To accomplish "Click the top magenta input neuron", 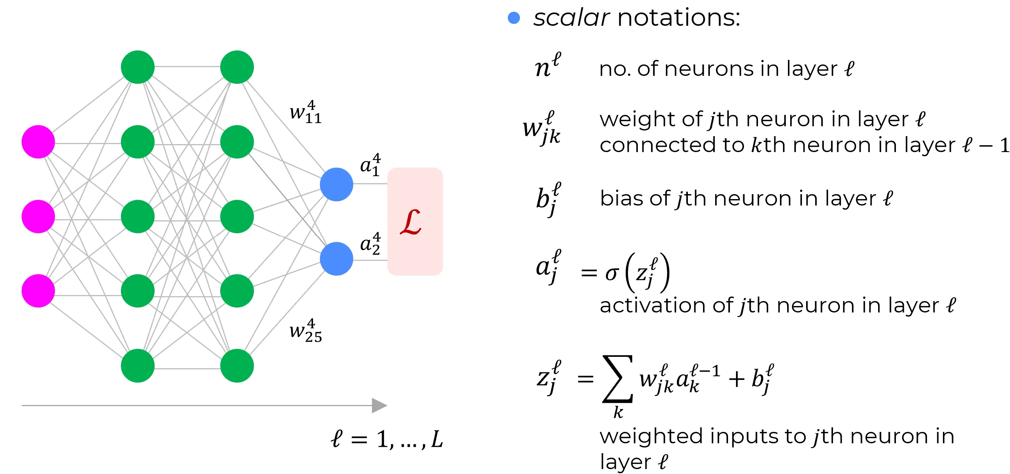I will (x=38, y=142).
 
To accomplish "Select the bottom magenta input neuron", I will (x=38, y=291).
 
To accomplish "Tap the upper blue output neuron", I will (x=337, y=184).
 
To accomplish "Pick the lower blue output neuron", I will (x=337, y=259).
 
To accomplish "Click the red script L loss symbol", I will (x=410, y=222).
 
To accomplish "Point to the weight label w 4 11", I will (x=305, y=113).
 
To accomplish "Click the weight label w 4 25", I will (x=305, y=331).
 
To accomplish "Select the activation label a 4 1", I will (x=370, y=165).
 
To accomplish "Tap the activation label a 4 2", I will (x=370, y=244).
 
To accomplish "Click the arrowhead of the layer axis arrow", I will (x=379, y=405).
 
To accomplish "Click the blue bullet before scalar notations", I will (x=514, y=18).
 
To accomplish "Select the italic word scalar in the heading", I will (x=571, y=18).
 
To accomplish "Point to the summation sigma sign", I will (x=617, y=379).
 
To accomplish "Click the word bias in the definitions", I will (x=623, y=198).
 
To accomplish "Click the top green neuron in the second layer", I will (x=138, y=67).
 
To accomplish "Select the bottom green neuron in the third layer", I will (x=237, y=366).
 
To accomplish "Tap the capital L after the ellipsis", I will (x=437, y=439).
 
